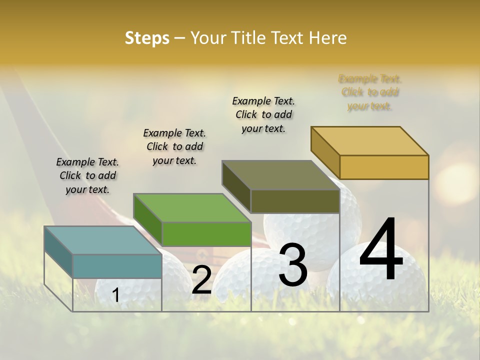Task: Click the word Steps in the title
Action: coord(147,38)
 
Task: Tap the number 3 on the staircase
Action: coord(293,265)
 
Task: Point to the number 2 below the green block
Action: coord(201,280)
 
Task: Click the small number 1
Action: coord(116,295)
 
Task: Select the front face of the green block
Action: coord(206,234)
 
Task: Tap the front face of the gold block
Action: coord(384,167)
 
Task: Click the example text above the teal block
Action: coord(87,175)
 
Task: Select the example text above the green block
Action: coord(174,146)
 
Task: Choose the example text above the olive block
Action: coord(263,114)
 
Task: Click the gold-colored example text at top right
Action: coord(370,92)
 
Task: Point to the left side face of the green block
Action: coord(148,220)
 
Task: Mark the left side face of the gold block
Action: coord(325,152)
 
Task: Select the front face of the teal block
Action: coord(117,266)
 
